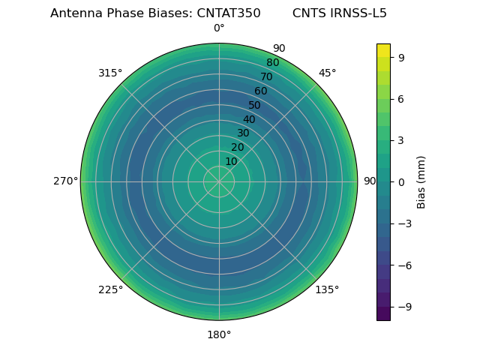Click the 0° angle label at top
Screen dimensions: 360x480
pyautogui.click(x=219, y=28)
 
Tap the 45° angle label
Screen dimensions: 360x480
pyautogui.click(x=327, y=73)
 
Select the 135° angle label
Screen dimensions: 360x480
pyautogui.click(x=327, y=290)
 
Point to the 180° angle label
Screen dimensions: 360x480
pyautogui.click(x=219, y=334)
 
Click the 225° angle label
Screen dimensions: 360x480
pyautogui.click(x=110, y=290)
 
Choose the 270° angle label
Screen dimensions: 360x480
pyautogui.click(x=65, y=181)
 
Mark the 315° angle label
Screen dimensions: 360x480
pyautogui.click(x=110, y=73)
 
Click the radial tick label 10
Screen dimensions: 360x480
pyautogui.click(x=231, y=161)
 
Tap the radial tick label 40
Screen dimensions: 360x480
pyautogui.click(x=249, y=119)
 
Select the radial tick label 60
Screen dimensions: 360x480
pyautogui.click(x=260, y=91)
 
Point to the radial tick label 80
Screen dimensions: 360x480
pyautogui.click(x=272, y=63)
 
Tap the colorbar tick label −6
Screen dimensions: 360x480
pyautogui.click(x=403, y=265)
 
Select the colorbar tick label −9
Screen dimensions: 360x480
pyautogui.click(x=403, y=307)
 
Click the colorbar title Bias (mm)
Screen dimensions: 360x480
pyautogui.click(x=421, y=181)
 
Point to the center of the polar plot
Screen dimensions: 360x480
pyautogui.click(x=219, y=181)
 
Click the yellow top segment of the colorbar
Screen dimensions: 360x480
pyautogui.click(x=383, y=49)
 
